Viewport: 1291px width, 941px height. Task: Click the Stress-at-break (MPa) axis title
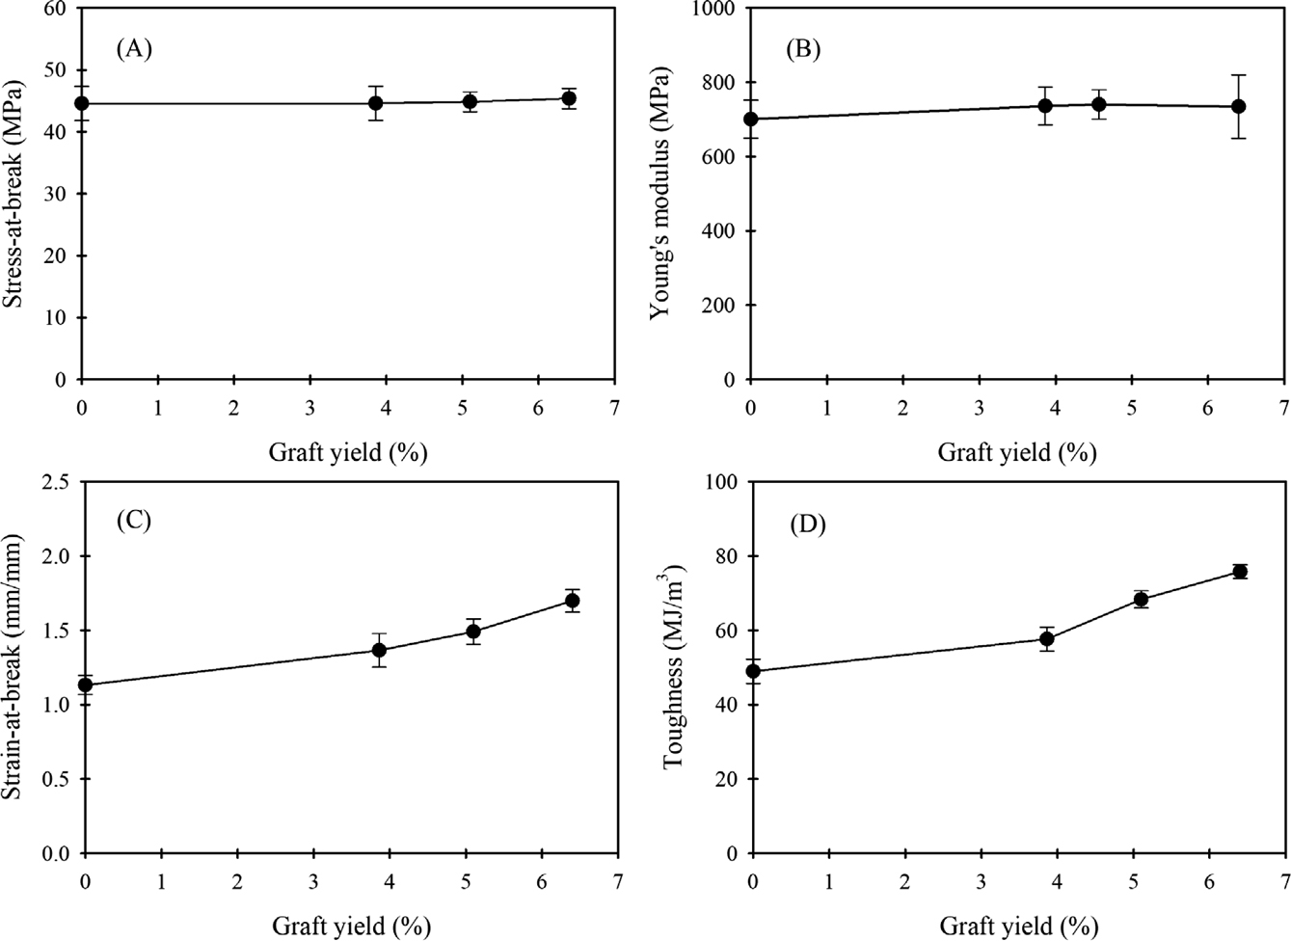pos(14,193)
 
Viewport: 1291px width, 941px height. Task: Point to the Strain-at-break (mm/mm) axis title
pos(14,667)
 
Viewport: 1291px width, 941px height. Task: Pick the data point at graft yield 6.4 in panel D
pos(1240,572)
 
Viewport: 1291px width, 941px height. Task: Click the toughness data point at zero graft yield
pos(753,671)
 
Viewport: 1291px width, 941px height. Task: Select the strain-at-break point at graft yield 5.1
pos(473,632)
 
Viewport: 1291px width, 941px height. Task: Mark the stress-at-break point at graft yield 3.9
pos(376,103)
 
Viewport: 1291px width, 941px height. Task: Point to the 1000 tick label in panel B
pos(713,10)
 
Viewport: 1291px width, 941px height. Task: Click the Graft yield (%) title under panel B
pos(1017,451)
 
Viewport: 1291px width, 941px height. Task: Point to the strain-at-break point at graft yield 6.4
pos(572,601)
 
